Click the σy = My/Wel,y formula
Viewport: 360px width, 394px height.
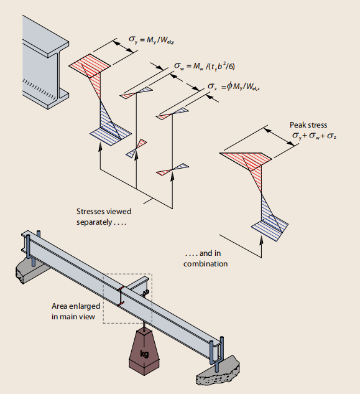point(151,40)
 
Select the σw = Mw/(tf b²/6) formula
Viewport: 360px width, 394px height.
point(205,66)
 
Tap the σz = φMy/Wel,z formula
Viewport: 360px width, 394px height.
point(234,87)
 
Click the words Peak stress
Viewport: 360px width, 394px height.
point(308,125)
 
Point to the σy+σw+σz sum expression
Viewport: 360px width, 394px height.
point(314,136)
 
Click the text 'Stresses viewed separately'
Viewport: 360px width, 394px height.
point(104,217)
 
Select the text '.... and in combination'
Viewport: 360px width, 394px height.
point(205,258)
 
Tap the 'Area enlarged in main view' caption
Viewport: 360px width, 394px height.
point(76,311)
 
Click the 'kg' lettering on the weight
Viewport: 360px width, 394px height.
point(144,354)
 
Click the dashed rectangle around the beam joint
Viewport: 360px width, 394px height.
point(127,274)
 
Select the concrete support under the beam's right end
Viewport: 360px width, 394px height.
point(217,370)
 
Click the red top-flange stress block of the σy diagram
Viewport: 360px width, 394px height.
point(90,65)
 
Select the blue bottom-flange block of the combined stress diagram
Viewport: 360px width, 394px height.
point(270,228)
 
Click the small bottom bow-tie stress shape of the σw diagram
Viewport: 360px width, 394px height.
point(136,149)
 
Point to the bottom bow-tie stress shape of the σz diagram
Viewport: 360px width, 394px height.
point(172,169)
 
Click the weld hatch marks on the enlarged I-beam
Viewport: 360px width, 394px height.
point(40,89)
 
